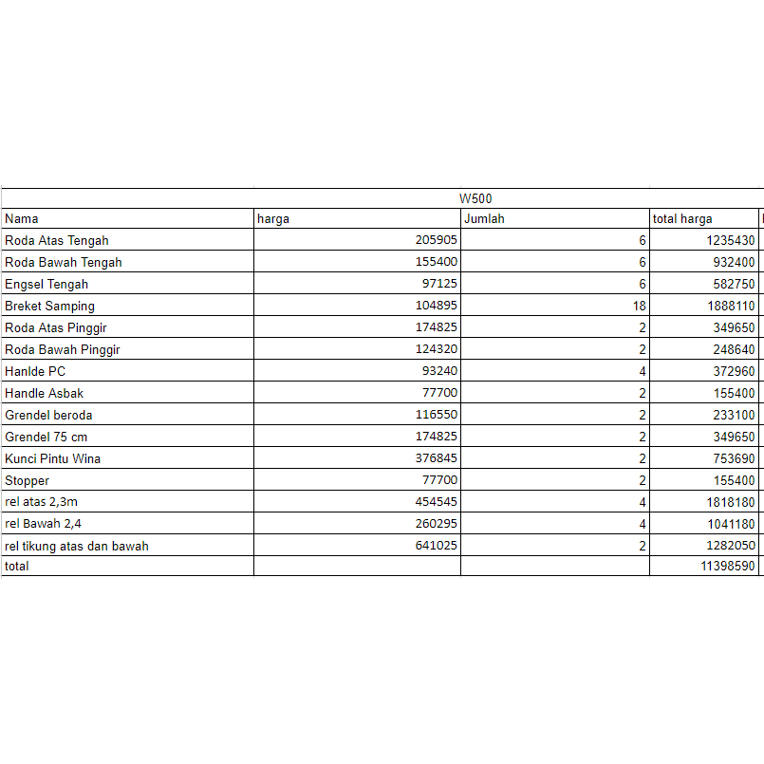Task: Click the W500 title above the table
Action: tap(475, 198)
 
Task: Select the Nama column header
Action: tap(22, 219)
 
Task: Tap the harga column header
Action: tap(273, 219)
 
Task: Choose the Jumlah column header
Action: tap(484, 219)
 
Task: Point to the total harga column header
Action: tap(682, 219)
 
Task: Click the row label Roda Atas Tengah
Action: tap(57, 241)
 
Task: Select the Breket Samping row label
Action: tap(49, 307)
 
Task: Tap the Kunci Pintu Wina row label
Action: tap(53, 459)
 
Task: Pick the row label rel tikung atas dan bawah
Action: tap(77, 547)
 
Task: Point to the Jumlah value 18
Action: tap(639, 307)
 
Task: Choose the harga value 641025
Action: tap(437, 547)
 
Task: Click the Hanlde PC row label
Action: tap(35, 372)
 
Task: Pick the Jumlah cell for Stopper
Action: tap(643, 481)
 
